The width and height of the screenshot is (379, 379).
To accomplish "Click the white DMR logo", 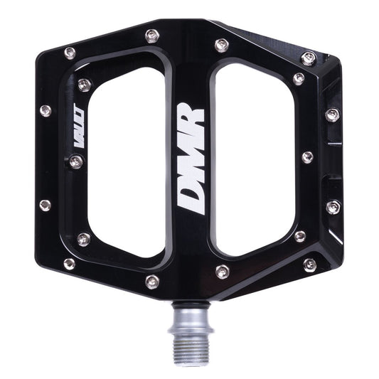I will click(x=190, y=157).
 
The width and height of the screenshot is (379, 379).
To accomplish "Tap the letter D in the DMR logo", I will click(x=190, y=198).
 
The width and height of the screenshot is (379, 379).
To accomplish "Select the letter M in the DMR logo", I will click(x=190, y=158).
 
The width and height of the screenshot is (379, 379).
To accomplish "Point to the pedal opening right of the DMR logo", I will click(x=252, y=160).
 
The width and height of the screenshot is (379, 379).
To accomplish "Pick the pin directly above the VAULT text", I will click(x=84, y=85).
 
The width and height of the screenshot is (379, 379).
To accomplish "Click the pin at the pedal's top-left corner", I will click(x=69, y=53).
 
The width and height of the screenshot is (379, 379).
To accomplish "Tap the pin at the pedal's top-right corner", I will click(x=309, y=58).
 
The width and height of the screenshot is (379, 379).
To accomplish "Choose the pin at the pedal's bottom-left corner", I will click(x=69, y=264).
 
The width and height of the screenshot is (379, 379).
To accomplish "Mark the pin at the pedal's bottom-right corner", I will click(x=309, y=265).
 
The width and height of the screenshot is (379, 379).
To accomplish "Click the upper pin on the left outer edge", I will click(x=45, y=111).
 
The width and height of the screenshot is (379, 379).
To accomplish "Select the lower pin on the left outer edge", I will click(x=45, y=205).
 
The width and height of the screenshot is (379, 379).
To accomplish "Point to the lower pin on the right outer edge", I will click(x=333, y=207).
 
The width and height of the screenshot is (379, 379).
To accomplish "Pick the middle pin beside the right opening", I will click(x=307, y=157).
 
